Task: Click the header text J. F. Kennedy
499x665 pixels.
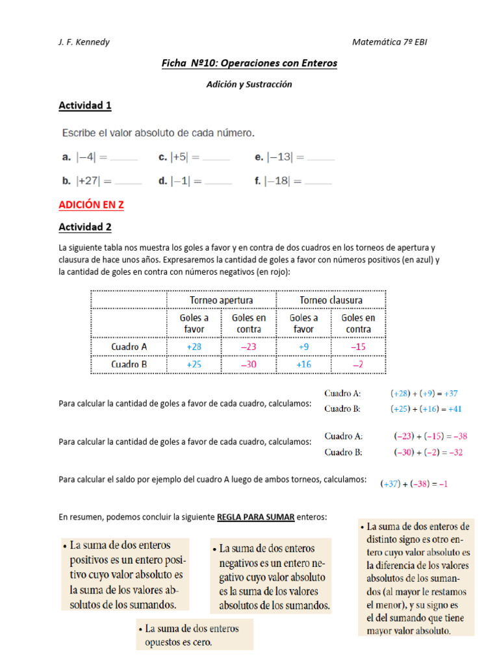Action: coord(84,42)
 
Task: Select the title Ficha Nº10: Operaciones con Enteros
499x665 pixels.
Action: coord(249,63)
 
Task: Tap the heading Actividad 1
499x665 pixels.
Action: coord(85,105)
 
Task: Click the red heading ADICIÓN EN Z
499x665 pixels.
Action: coord(91,205)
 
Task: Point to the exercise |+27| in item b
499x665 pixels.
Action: coord(94,181)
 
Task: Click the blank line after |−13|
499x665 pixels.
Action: coord(320,157)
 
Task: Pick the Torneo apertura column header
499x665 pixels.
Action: coord(221,299)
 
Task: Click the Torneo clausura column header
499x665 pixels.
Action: coord(331,299)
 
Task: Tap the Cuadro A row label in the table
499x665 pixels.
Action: coord(129,347)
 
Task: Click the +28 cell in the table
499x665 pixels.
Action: coord(194,347)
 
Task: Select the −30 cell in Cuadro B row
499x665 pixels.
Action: coord(248,365)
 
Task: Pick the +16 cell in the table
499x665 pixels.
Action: coord(303,365)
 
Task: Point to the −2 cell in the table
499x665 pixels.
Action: coord(358,365)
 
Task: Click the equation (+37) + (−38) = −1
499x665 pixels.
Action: coord(415,484)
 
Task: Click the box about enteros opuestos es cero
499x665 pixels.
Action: coord(194,635)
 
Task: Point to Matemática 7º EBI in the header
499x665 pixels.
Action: coord(390,42)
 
